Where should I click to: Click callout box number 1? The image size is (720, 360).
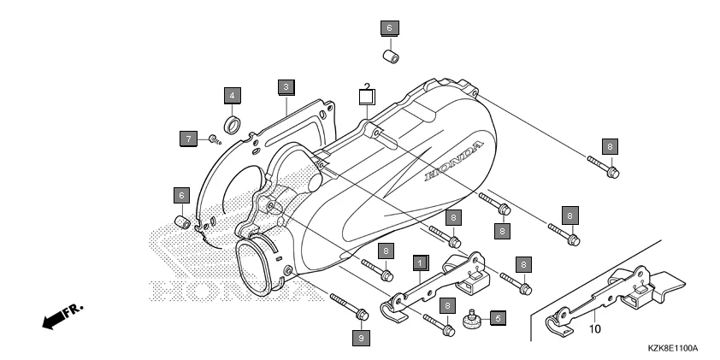421,263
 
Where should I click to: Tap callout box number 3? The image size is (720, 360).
286,86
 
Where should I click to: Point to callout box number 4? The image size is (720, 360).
233,93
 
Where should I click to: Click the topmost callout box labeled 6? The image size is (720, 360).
388,27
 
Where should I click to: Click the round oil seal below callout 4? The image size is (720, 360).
233,119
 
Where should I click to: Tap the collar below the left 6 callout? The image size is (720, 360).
182,223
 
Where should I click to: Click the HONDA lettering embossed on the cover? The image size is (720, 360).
457,163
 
